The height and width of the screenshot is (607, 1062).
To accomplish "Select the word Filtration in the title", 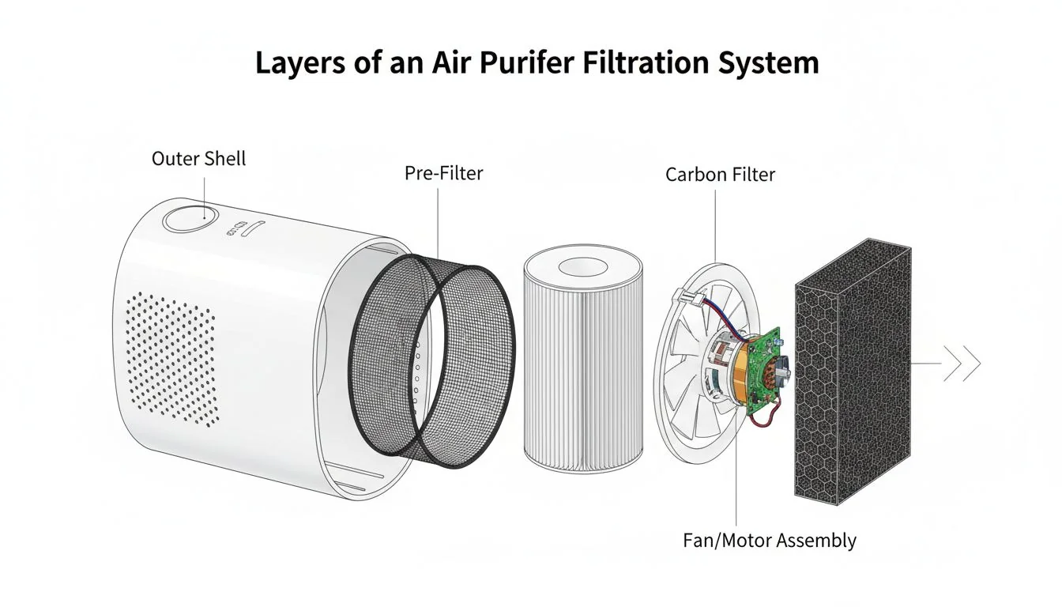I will [639, 62].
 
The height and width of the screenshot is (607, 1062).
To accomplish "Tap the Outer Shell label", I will [198, 158].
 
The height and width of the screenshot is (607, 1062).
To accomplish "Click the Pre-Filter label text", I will [443, 173].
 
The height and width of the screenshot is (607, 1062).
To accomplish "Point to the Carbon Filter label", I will [720, 174].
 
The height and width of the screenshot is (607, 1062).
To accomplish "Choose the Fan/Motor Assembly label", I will [769, 541].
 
